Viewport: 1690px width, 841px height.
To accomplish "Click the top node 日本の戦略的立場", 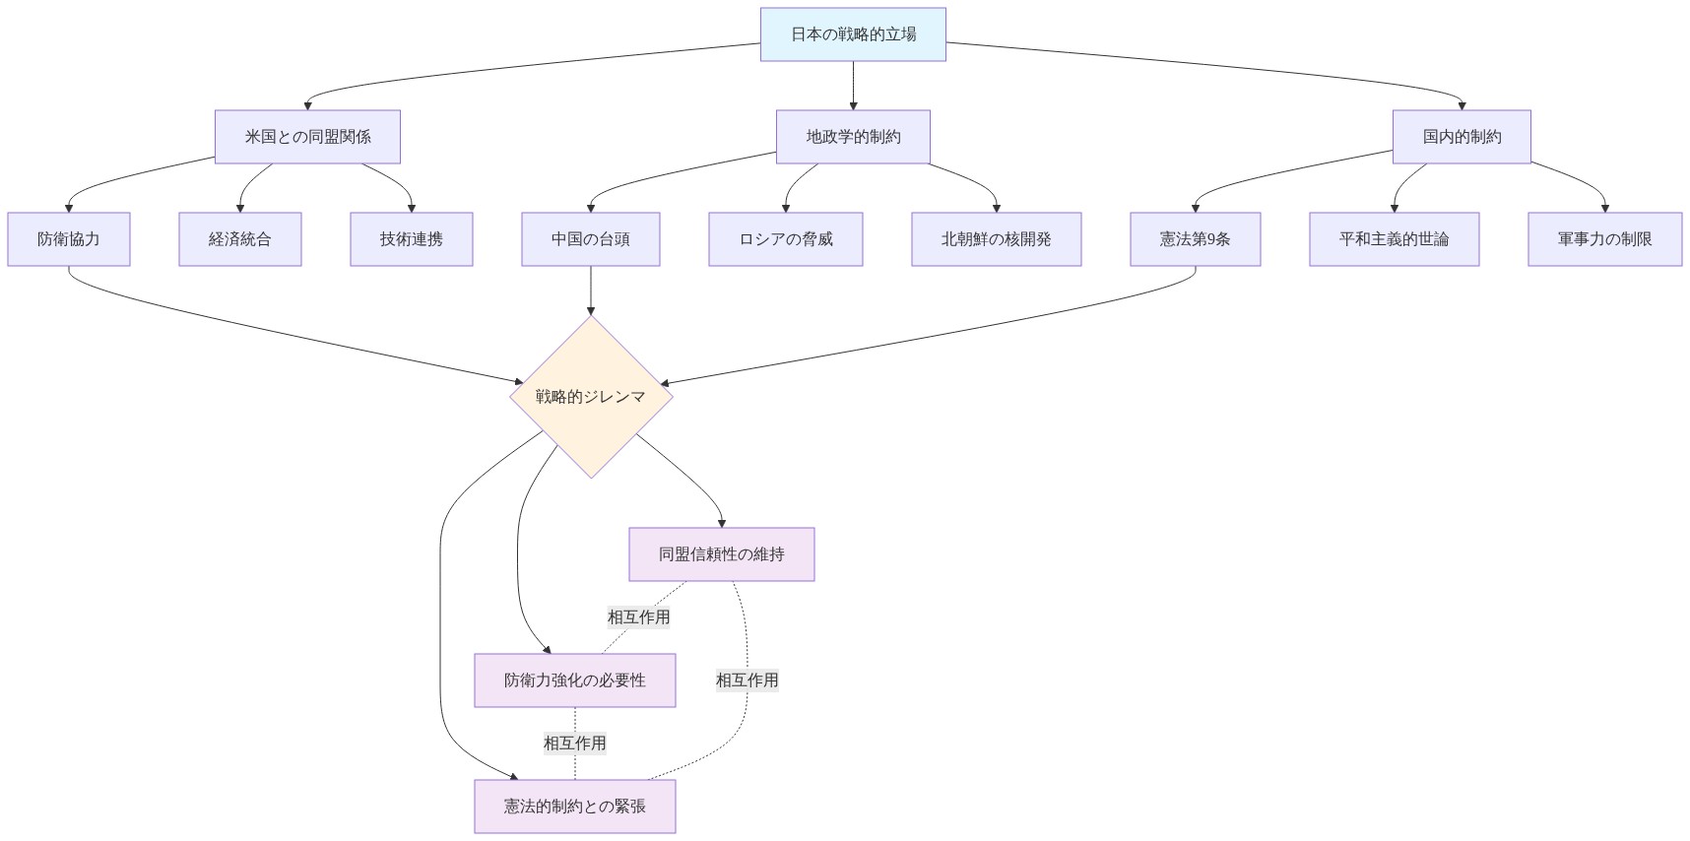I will coord(853,34).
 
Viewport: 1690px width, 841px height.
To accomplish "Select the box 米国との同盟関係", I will coord(307,137).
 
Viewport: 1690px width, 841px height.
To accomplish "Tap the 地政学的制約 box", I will coord(853,137).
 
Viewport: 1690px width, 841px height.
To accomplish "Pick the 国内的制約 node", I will coord(1462,137).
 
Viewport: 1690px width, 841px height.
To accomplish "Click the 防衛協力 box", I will coord(69,239).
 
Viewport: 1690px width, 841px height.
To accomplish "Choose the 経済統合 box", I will coord(239,239).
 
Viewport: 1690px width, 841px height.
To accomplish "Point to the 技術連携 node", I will coord(412,239).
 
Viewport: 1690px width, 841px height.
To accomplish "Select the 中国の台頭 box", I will coord(591,239).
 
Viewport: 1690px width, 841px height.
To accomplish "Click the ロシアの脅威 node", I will coord(786,239).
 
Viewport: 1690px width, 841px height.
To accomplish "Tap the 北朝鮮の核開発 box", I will coord(996,239).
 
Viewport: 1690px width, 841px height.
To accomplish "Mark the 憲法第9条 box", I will coord(1195,239).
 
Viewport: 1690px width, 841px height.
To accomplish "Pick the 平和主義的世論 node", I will coord(1394,239).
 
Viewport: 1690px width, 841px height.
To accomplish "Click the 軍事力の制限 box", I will coord(1604,239).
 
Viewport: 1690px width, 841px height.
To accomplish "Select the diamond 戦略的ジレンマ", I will coord(591,397).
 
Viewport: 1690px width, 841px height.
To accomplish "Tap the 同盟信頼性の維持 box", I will coord(722,554).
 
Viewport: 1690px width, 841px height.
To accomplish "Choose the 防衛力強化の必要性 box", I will coord(575,680).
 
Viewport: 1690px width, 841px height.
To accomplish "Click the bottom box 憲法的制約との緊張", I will coord(575,807).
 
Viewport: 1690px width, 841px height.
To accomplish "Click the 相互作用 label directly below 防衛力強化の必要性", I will coord(575,744).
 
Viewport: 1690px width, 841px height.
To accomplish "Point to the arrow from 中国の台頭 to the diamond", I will coord(591,291).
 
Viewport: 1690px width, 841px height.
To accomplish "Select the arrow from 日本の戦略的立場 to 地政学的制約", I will coord(853,86).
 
